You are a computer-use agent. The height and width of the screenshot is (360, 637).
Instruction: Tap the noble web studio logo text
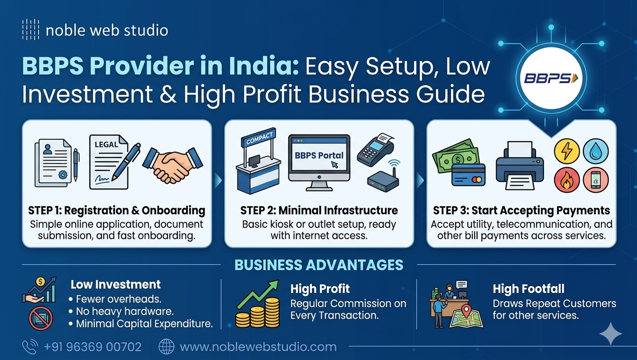click(x=107, y=31)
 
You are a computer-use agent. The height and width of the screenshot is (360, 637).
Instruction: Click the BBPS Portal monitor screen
click(x=319, y=157)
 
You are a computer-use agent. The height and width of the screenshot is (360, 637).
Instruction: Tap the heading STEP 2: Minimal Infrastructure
click(x=319, y=210)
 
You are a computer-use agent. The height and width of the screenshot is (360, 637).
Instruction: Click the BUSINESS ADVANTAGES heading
click(x=319, y=265)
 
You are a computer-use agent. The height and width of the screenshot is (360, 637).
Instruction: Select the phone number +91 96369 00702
click(x=92, y=347)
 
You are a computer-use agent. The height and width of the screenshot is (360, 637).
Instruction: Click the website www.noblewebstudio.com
click(x=258, y=347)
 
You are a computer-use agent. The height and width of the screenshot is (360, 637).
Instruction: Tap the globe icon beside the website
click(x=167, y=347)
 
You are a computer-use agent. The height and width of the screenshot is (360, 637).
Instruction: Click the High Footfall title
click(x=529, y=289)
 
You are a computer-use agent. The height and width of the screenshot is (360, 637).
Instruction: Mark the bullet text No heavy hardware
click(x=124, y=311)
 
